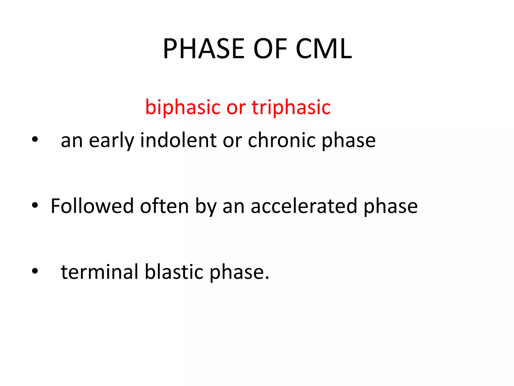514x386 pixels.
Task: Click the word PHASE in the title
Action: [x=204, y=49]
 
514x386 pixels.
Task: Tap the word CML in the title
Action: [x=324, y=49]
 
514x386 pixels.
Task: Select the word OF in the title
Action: [x=270, y=49]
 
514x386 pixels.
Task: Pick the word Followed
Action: [x=92, y=206]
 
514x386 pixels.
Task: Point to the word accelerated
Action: [x=304, y=206]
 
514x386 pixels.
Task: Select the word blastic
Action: [x=174, y=272]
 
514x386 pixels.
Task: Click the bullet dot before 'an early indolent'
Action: [x=35, y=139]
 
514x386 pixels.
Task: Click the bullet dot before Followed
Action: [x=35, y=205]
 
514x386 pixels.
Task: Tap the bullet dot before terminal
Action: [x=35, y=271]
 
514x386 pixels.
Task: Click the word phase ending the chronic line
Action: [x=349, y=141]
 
